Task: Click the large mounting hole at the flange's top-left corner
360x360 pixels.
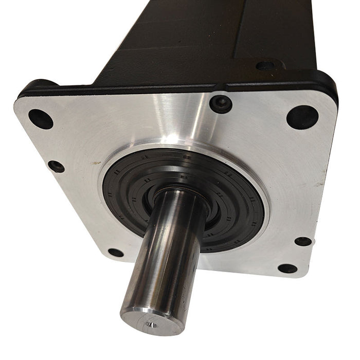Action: pos(40,119)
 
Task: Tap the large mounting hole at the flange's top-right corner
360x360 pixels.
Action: pos(302,117)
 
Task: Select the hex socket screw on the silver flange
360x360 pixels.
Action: pos(221,104)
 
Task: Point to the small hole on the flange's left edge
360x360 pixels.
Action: pos(56,167)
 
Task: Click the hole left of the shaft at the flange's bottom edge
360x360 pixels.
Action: pos(116,253)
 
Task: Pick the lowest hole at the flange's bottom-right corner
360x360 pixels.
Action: pos(287,268)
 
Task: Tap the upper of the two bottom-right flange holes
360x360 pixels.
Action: pos(303,241)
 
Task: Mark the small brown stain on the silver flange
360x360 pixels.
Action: pos(95,163)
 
